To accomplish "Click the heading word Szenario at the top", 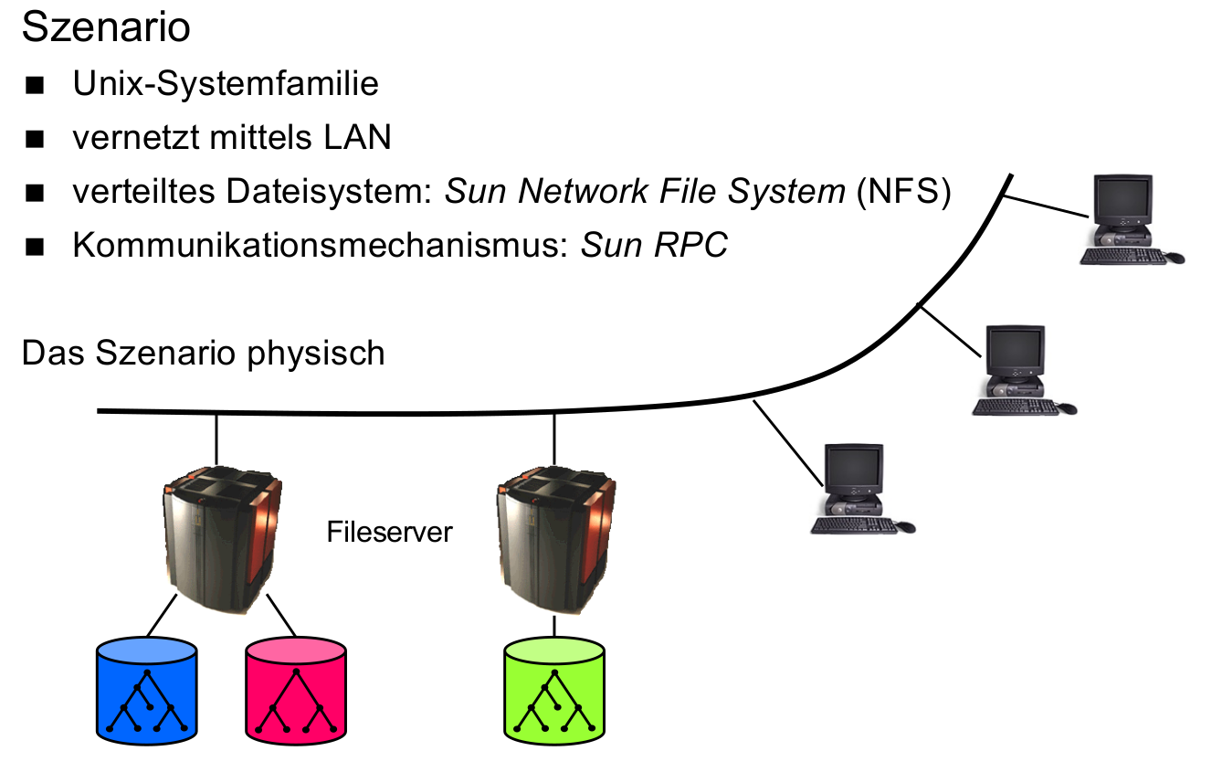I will pos(105,27).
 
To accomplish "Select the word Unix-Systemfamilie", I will pos(226,84).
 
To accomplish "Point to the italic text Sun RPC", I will pos(654,246).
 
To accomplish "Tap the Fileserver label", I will pos(389,532).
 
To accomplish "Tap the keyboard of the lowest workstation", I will pos(854,525).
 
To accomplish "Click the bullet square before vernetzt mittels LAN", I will pos(36,140).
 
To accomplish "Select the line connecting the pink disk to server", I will pos(281,618).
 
